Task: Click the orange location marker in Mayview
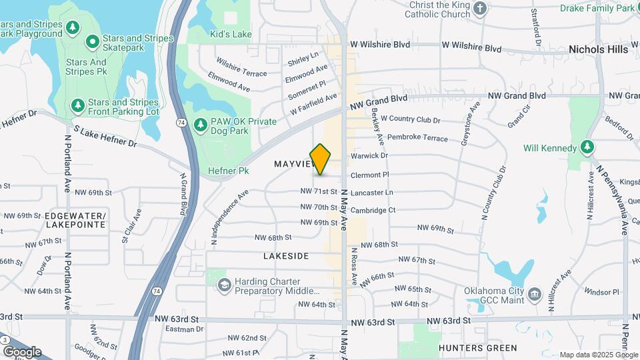point(321,159)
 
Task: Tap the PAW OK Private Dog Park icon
point(200,125)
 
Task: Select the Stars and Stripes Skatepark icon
point(92,43)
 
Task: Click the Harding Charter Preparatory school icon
point(223,285)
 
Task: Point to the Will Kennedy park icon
point(587,147)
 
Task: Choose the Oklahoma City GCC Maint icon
point(534,294)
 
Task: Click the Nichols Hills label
point(598,49)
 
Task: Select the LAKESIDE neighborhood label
point(286,256)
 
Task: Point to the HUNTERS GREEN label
point(477,348)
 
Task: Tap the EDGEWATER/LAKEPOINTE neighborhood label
point(75,221)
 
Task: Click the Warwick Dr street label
point(374,155)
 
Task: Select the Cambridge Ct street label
point(373,210)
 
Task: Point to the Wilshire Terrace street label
point(241,70)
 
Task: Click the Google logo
point(22,352)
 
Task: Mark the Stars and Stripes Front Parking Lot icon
point(78,106)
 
